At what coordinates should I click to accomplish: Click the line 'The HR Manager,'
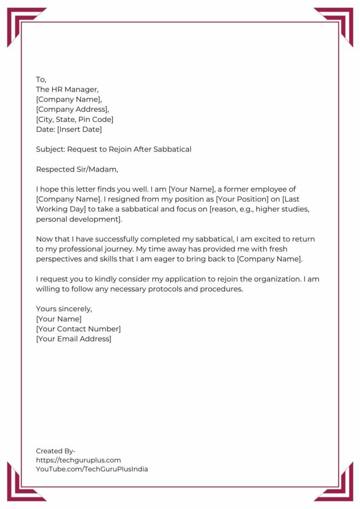point(67,90)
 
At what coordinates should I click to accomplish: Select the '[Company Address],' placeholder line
point(73,109)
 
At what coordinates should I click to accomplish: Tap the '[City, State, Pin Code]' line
point(75,120)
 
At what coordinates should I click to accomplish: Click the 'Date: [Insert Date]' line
point(69,129)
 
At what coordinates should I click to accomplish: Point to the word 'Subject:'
point(50,150)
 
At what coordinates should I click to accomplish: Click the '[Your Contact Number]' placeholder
point(78,329)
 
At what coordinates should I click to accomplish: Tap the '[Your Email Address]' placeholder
point(74,339)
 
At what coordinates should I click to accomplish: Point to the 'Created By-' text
point(56,451)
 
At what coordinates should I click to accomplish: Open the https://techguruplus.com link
point(78,460)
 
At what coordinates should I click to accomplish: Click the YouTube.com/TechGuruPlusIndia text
point(92,469)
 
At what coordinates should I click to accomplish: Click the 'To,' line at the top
point(41,80)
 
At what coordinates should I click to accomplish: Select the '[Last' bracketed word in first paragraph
point(300,199)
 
